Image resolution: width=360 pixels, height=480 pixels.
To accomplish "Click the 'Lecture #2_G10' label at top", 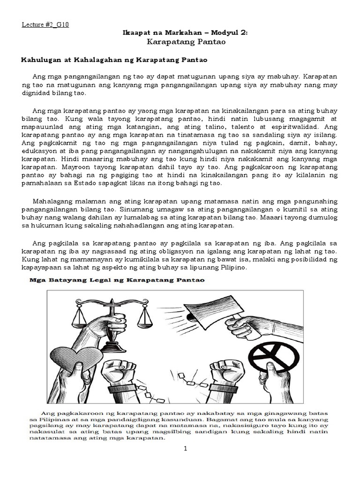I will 45,25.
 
